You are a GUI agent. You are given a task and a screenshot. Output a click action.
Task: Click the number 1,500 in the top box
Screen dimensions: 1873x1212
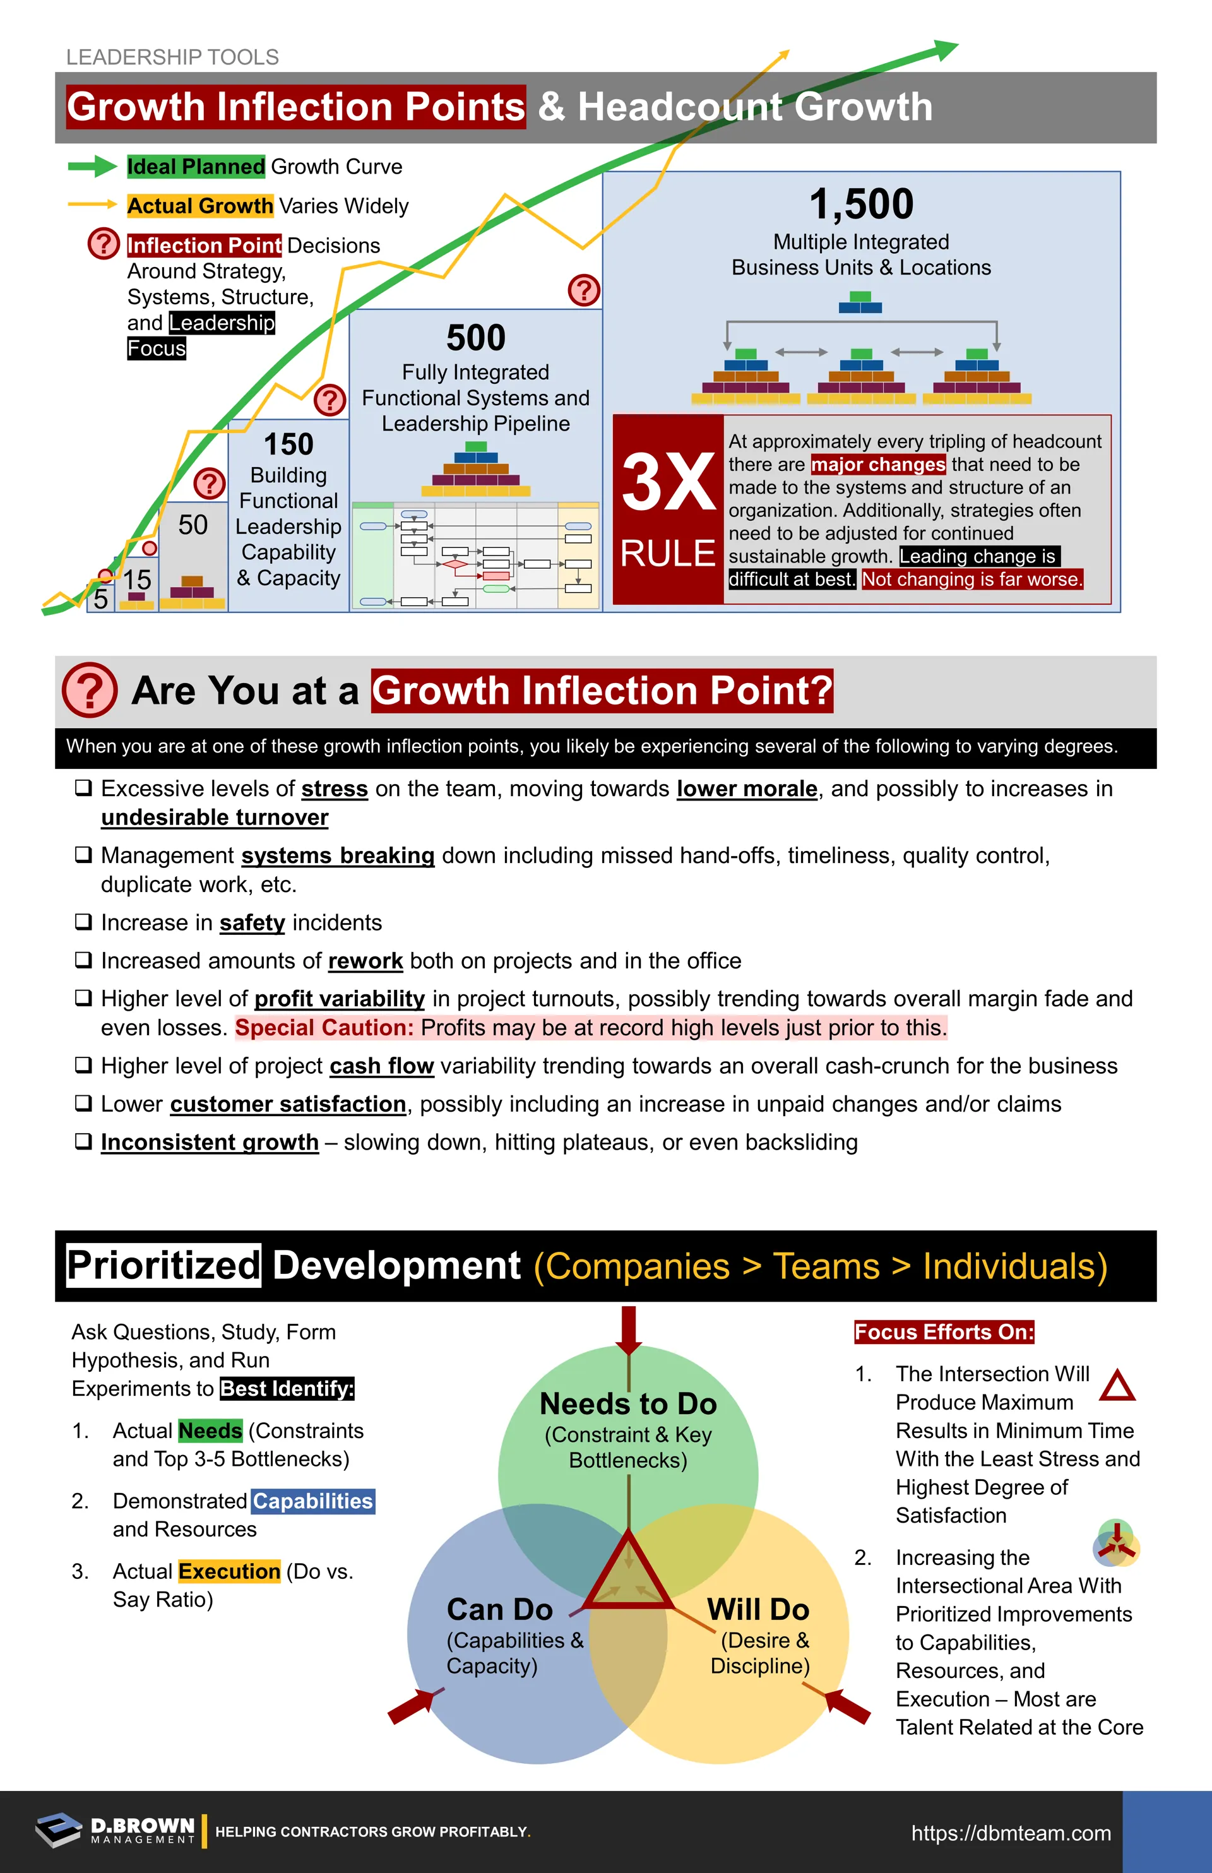pyautogui.click(x=861, y=205)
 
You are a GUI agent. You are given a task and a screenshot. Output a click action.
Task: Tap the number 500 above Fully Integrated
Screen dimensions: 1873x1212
pyautogui.click(x=475, y=338)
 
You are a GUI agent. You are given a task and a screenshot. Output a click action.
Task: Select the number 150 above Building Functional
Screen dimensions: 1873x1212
pyautogui.click(x=288, y=444)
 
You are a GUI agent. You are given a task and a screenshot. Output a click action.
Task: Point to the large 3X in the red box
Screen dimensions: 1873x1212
pyautogui.click(x=668, y=482)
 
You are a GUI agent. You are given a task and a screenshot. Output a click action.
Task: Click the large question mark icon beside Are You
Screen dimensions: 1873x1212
pyautogui.click(x=90, y=690)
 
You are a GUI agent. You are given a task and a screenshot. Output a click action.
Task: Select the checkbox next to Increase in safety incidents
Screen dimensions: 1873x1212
pyautogui.click(x=83, y=922)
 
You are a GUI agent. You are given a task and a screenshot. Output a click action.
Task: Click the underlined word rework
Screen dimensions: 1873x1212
pyautogui.click(x=365, y=961)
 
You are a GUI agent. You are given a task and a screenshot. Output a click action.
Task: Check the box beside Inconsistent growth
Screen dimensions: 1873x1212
pyautogui.click(x=83, y=1141)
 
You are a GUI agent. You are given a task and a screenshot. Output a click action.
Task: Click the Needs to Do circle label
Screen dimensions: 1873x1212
pyautogui.click(x=628, y=1404)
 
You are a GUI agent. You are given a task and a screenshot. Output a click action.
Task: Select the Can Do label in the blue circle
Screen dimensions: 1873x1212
pyautogui.click(x=500, y=1609)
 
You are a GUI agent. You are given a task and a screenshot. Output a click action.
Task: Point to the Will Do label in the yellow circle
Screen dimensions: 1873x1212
pyautogui.click(x=758, y=1609)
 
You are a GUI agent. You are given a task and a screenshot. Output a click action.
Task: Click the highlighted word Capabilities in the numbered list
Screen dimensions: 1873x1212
pyautogui.click(x=312, y=1501)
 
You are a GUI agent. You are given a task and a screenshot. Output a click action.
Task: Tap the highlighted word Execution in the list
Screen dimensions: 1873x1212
pyautogui.click(x=229, y=1571)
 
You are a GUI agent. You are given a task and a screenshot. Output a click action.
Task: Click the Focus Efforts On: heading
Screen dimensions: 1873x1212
pyautogui.click(x=944, y=1331)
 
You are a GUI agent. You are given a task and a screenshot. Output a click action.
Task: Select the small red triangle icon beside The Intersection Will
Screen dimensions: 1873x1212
pyautogui.click(x=1117, y=1386)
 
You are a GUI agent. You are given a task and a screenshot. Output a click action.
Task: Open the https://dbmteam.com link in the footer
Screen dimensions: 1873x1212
pyautogui.click(x=1011, y=1833)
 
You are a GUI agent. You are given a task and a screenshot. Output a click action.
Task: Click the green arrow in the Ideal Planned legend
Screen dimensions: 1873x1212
pyautogui.click(x=92, y=166)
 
